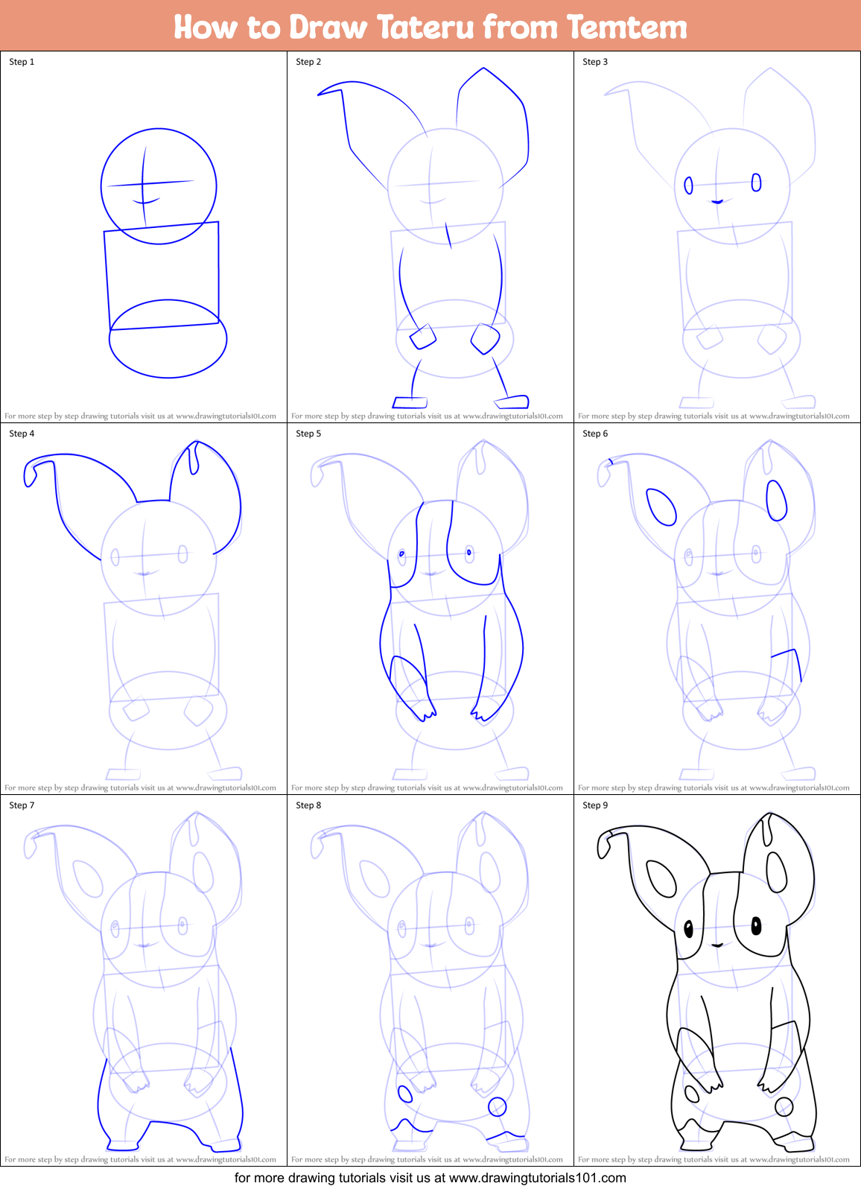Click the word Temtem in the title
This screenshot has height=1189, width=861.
(626, 28)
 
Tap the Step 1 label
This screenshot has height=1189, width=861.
(22, 62)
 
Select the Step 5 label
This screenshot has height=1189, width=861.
(308, 434)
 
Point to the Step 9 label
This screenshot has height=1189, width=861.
(595, 805)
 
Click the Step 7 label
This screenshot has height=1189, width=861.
(22, 805)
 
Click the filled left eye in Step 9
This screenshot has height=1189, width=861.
(688, 928)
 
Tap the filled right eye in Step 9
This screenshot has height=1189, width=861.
(756, 926)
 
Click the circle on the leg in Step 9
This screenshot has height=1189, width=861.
(784, 1106)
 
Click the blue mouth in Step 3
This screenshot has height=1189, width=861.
(717, 202)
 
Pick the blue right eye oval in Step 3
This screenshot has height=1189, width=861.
(756, 183)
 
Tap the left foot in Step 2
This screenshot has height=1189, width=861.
(410, 403)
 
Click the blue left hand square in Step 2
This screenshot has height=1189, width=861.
(423, 337)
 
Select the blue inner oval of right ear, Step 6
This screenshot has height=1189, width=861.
(777, 500)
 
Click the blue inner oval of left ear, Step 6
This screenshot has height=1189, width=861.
(661, 507)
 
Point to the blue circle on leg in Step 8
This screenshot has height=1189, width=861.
(497, 1107)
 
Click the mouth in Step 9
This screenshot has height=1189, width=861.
(717, 945)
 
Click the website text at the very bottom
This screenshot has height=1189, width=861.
(430, 1178)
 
